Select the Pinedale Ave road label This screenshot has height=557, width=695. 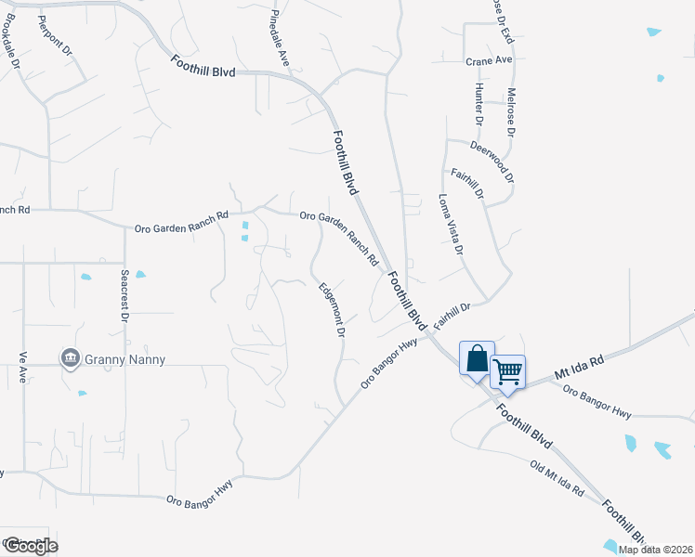click(282, 38)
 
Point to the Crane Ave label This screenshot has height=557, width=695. click(490, 60)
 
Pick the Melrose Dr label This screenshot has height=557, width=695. click(511, 112)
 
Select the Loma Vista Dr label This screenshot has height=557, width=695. click(450, 223)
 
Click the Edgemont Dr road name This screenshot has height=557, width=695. click(333, 310)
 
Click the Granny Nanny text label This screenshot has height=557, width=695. click(125, 359)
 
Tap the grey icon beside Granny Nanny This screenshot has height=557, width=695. click(70, 358)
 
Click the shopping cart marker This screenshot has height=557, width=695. click(507, 371)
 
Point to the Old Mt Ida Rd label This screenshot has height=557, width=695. click(557, 477)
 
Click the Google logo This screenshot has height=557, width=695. click(30, 545)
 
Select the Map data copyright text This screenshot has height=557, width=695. click(656, 550)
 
